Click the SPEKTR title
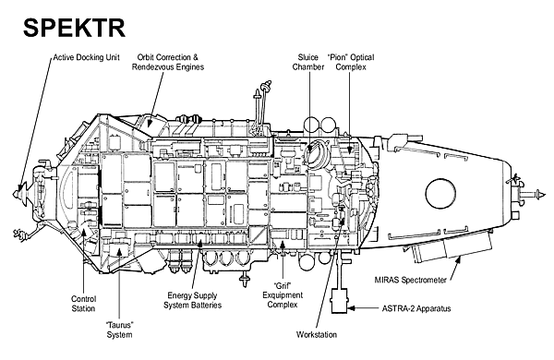pos(74,28)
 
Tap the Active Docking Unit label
pos(86,57)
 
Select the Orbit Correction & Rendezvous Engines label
pos(168,62)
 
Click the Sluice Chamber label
pos(308,62)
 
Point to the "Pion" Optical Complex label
pos(351,62)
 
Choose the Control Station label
pos(83,304)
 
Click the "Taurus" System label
pos(119,330)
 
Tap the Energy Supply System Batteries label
pos(193,300)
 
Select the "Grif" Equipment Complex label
pos(283,295)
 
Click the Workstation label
pos(317,334)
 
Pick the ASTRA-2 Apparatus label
pos(416,308)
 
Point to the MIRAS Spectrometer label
pos(410,280)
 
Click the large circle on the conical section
pos(440,193)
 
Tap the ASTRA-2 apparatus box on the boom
pos(340,301)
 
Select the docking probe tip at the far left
pos(15,194)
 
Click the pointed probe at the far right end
pos(540,194)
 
